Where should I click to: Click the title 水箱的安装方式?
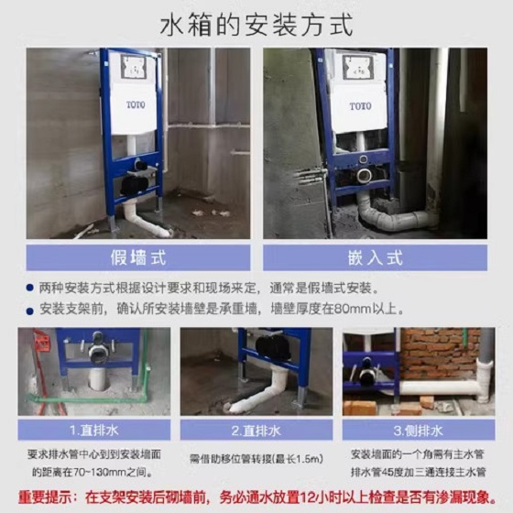pyautogui.click(x=256, y=25)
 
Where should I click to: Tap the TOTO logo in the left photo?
pyautogui.click(x=136, y=105)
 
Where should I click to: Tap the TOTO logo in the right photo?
pyautogui.click(x=360, y=106)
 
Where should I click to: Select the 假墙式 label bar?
pyautogui.click(x=138, y=257)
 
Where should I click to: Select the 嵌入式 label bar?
pyautogui.click(x=375, y=257)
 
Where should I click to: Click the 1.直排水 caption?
pyautogui.click(x=94, y=431)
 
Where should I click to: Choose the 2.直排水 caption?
pyautogui.click(x=256, y=431)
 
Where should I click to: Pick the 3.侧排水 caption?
pyautogui.click(x=419, y=431)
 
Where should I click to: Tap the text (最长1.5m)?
pyautogui.click(x=298, y=459)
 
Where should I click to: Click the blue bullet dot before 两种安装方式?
pyautogui.click(x=30, y=289)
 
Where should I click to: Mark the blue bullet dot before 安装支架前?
pyautogui.click(x=30, y=311)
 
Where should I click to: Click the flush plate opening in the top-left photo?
pyautogui.click(x=134, y=67)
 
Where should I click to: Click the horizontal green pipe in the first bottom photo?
pyautogui.click(x=87, y=399)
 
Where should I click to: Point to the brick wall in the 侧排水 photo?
pyautogui.click(x=440, y=353)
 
